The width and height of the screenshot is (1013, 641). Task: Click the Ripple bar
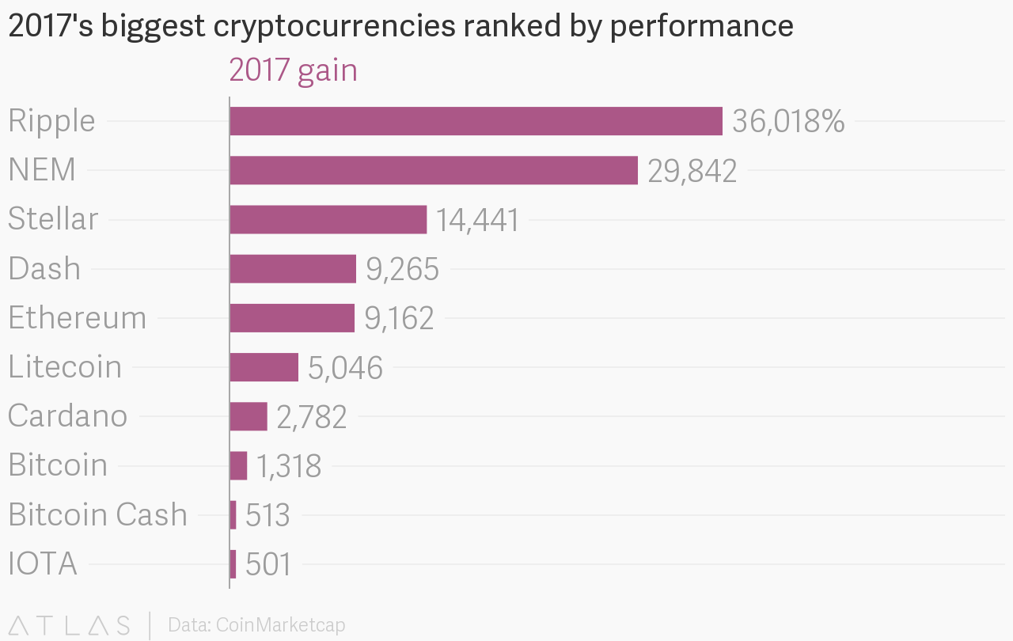(476, 121)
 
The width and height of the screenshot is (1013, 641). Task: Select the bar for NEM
(434, 170)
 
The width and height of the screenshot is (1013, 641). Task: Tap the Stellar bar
(328, 219)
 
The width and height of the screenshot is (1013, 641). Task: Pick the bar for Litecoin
(264, 367)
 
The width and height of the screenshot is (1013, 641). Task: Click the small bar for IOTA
(233, 564)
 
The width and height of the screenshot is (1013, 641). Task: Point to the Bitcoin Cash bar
(233, 515)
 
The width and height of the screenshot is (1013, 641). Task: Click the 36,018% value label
(788, 122)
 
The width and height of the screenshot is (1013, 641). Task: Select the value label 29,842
(692, 171)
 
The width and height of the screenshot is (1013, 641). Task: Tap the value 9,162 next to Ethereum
(399, 318)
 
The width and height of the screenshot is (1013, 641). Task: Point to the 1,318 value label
(288, 466)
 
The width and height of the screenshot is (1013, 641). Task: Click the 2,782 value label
(311, 417)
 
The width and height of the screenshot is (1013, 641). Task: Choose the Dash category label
(44, 269)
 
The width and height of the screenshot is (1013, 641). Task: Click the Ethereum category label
(78, 318)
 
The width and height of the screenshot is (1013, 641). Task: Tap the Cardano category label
(67, 416)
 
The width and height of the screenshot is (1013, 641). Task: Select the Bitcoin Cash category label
(97, 514)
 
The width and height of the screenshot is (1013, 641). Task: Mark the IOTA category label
(43, 564)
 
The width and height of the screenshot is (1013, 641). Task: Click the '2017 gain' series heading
(293, 70)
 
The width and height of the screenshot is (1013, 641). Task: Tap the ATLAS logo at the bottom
(69, 625)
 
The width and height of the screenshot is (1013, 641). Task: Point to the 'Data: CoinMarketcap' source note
(256, 625)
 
